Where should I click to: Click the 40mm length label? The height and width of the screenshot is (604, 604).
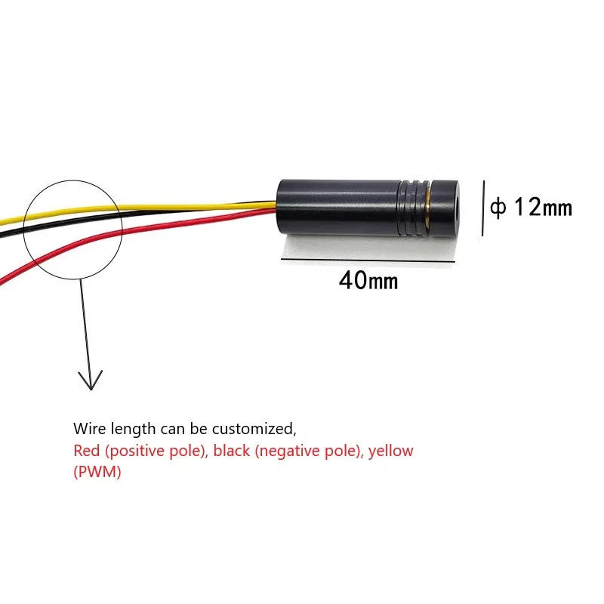(368, 282)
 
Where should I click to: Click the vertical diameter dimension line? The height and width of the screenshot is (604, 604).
(482, 206)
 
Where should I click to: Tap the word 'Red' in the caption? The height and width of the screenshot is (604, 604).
(86, 451)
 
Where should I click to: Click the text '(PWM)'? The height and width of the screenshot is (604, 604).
(97, 473)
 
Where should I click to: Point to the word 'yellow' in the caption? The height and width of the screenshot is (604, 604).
(390, 451)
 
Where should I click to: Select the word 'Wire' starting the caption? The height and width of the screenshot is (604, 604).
(87, 429)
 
